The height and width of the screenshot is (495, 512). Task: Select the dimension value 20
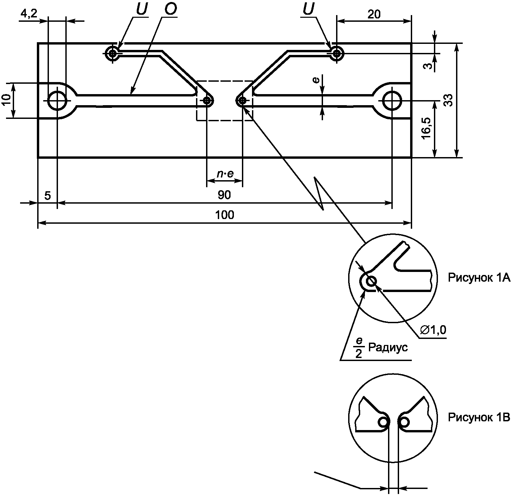pos(374,14)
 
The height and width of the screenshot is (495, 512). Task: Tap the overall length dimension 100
pos(225,215)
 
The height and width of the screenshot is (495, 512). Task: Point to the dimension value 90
pos(224,195)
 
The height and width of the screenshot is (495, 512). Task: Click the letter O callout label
pos(170,10)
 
